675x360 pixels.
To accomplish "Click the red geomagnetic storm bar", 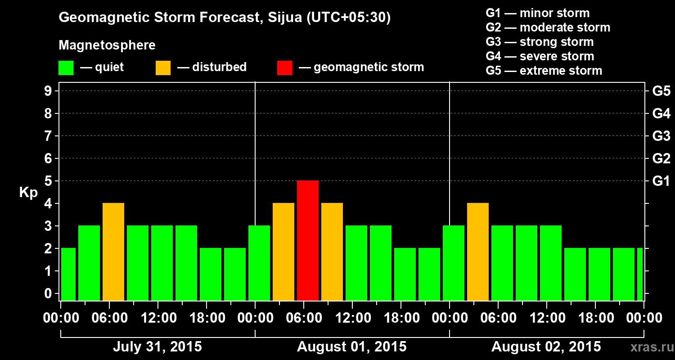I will point(308,240).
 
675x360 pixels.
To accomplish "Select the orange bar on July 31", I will point(113,252).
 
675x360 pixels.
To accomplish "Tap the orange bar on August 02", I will point(478,252).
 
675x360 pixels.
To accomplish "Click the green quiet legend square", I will point(66,68).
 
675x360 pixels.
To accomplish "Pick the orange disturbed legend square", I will point(163,68).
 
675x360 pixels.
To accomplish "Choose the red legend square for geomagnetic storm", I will point(284,68).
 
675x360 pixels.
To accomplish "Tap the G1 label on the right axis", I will point(661,181).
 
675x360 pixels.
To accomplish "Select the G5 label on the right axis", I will point(661,91).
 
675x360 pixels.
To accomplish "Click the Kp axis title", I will point(28,193).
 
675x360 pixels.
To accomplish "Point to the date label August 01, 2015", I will point(351,347).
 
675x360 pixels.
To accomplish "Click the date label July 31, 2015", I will point(157,347).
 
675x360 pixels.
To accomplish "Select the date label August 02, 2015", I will point(546,347).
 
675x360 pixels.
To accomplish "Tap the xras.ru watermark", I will point(648,347).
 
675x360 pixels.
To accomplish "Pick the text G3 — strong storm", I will point(540,42).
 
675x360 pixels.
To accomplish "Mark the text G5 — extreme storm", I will point(544,71).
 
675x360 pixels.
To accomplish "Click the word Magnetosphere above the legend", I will point(107,45).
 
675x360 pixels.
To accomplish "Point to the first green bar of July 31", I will point(68,274).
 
